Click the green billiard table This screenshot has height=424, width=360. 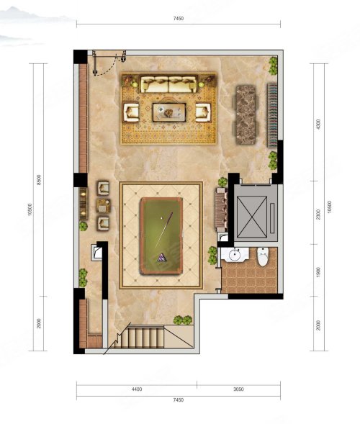pyautogui.click(x=161, y=236)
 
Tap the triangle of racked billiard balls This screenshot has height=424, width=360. pyautogui.click(x=162, y=258)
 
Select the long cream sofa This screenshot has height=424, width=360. pyautogui.click(x=168, y=84)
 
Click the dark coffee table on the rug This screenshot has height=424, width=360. pyautogui.click(x=169, y=112)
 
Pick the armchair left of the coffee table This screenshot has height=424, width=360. pyautogui.click(x=131, y=112)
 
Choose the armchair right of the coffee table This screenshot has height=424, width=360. pyautogui.click(x=203, y=112)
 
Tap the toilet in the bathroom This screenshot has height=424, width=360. pyautogui.click(x=263, y=256)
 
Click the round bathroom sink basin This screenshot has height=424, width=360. pyautogui.click(x=235, y=254)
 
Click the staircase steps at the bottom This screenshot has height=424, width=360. pyautogui.click(x=145, y=337)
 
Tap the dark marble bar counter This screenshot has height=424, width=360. pyautogui.click(x=246, y=115)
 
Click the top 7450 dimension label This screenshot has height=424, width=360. pyautogui.click(x=179, y=19)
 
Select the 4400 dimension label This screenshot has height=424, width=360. pyautogui.click(x=137, y=389)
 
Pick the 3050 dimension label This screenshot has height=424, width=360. pyautogui.click(x=238, y=389)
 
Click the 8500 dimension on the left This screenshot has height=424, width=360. pyautogui.click(x=39, y=180)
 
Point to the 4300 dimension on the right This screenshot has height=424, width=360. pyautogui.click(x=318, y=124)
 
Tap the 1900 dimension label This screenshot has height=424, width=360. pyautogui.click(x=318, y=272)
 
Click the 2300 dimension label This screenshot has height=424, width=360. pyautogui.click(x=318, y=215)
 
